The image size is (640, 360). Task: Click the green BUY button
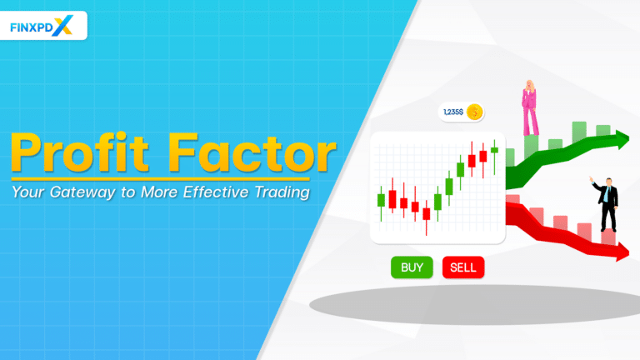(412, 267)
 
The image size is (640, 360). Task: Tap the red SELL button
(462, 267)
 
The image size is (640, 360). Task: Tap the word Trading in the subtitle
(278, 192)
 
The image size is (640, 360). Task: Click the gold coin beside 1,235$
(475, 112)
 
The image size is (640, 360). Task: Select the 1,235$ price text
(453, 112)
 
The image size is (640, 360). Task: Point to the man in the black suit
(608, 204)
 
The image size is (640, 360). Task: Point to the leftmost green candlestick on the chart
(382, 200)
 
